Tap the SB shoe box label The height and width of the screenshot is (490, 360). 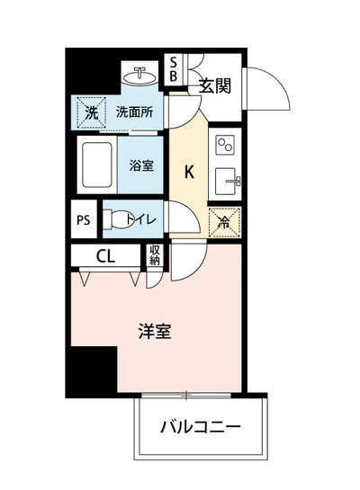pos(175,69)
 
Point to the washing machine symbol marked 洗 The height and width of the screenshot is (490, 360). pos(91,113)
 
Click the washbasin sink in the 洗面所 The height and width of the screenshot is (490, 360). pos(141,74)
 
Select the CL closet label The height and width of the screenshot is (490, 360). pos(105,257)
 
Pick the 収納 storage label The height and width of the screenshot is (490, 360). pos(155,256)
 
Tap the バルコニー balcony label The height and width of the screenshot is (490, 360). pos(201,426)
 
